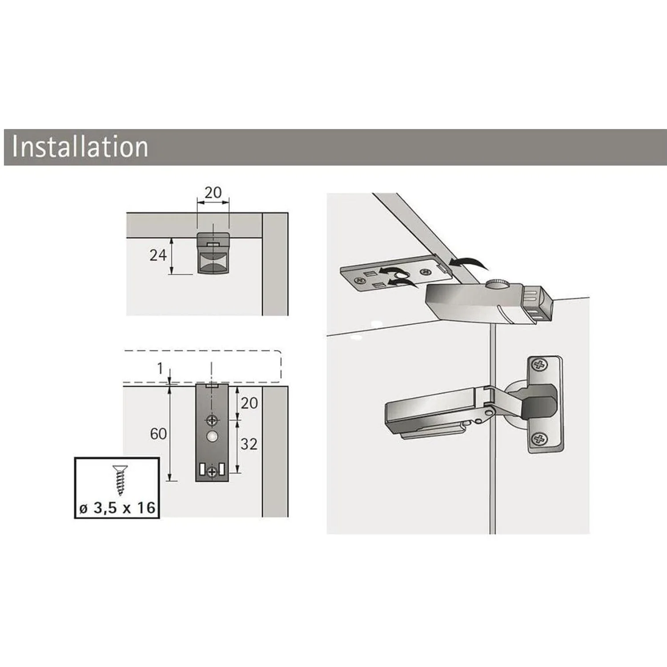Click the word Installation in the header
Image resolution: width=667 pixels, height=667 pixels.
pyautogui.click(x=80, y=146)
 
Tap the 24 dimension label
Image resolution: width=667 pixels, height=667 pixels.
pyautogui.click(x=158, y=255)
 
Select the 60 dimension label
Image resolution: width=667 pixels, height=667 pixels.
pyautogui.click(x=158, y=434)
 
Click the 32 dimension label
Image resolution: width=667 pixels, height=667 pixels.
pyautogui.click(x=249, y=444)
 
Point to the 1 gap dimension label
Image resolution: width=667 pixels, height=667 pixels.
pyautogui.click(x=160, y=369)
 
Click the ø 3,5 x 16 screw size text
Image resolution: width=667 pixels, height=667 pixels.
pyautogui.click(x=117, y=508)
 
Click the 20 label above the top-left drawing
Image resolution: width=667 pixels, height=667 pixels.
pyautogui.click(x=213, y=193)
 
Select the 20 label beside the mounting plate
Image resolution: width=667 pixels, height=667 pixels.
pyautogui.click(x=249, y=403)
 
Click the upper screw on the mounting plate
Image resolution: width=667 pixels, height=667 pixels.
pyautogui.click(x=212, y=420)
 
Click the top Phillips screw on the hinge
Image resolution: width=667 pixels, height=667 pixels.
pyautogui.click(x=540, y=366)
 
